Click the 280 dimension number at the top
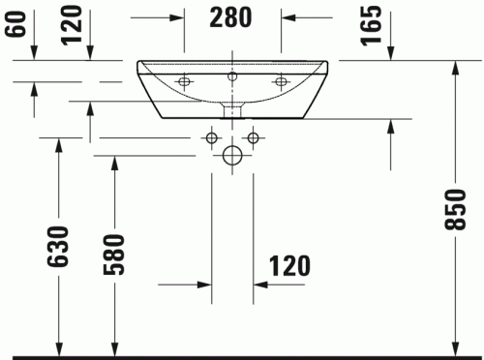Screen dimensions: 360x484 click(x=230, y=16)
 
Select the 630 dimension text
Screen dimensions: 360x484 click(x=60, y=247)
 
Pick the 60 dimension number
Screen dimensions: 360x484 click(x=13, y=21)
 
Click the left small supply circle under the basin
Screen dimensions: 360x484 click(x=212, y=138)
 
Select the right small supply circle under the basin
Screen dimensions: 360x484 click(x=253, y=138)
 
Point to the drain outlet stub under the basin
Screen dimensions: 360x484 click(x=232, y=108)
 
